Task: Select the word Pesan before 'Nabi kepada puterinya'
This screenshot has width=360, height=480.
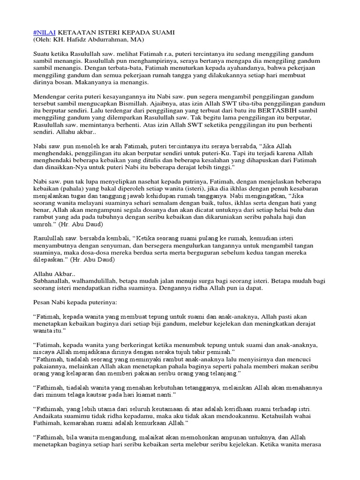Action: pos(43,304)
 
